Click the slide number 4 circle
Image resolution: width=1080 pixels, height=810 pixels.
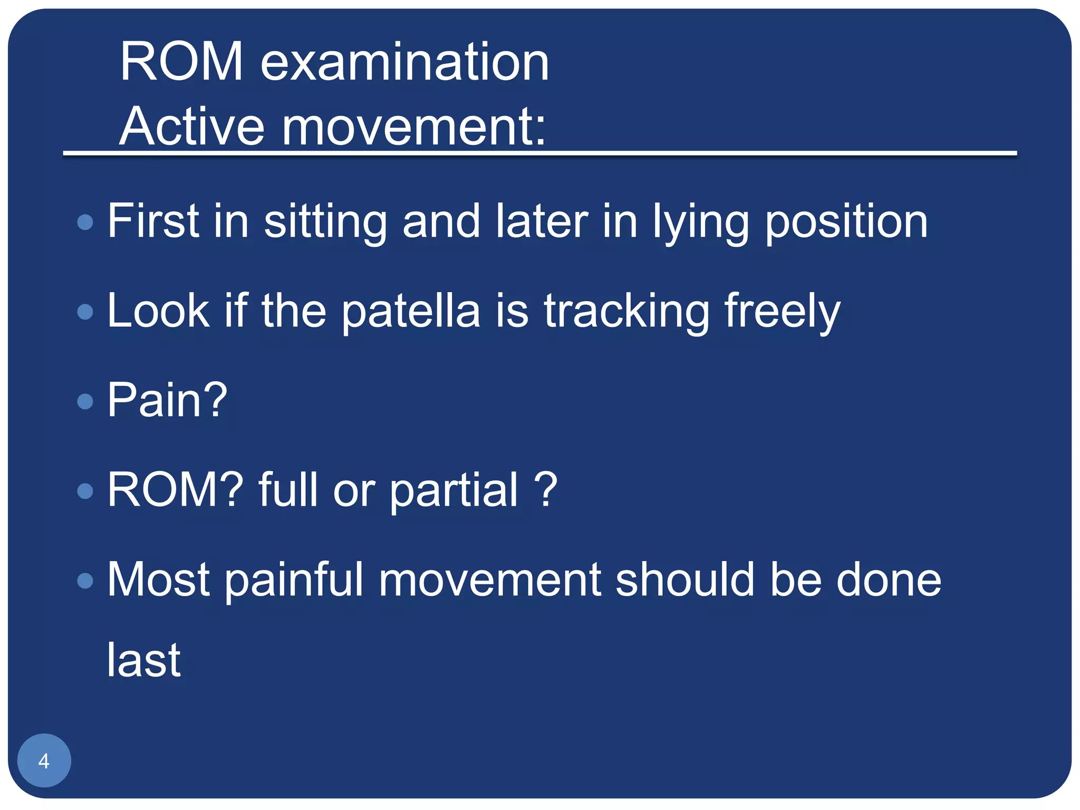click(x=44, y=760)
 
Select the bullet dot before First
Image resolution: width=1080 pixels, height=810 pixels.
click(x=85, y=221)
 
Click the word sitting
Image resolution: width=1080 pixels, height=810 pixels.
click(x=325, y=221)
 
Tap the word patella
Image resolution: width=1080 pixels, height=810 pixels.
click(x=411, y=312)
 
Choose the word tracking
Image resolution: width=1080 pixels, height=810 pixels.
click(x=626, y=312)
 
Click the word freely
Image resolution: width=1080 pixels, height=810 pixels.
click(x=782, y=312)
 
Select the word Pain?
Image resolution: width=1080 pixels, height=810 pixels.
click(x=167, y=401)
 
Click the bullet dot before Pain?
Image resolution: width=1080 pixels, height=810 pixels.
click(x=85, y=402)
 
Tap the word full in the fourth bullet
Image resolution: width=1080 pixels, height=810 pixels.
click(x=288, y=490)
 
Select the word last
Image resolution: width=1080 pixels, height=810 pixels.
click(x=143, y=660)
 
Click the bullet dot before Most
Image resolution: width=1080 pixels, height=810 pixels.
click(x=85, y=581)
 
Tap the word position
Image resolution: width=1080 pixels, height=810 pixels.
click(x=846, y=223)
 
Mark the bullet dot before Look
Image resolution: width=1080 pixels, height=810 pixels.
click(x=85, y=312)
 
